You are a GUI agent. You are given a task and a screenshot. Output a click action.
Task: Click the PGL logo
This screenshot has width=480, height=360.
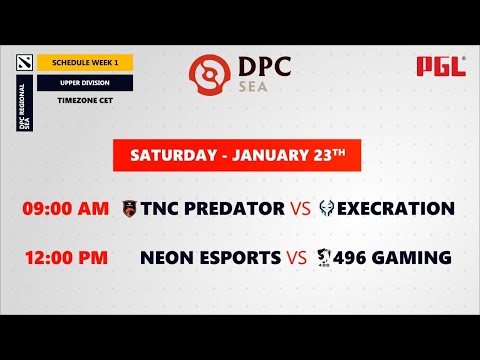pyautogui.click(x=441, y=67)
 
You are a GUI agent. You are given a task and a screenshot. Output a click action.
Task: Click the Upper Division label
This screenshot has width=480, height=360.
pyautogui.click(x=85, y=82)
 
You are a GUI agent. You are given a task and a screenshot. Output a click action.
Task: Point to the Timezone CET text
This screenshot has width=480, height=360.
pyautogui.click(x=85, y=101)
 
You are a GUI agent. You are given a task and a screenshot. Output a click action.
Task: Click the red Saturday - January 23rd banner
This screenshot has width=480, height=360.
pyautogui.click(x=239, y=155)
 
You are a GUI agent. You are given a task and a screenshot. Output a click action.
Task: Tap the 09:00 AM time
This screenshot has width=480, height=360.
pyautogui.click(x=65, y=209)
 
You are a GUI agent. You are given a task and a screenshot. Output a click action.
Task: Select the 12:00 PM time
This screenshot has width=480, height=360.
pyautogui.click(x=65, y=258)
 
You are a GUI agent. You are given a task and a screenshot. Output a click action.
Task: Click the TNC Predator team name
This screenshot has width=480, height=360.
pyautogui.click(x=213, y=209)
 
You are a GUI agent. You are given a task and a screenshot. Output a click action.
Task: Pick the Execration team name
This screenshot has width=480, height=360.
pyautogui.click(x=396, y=209)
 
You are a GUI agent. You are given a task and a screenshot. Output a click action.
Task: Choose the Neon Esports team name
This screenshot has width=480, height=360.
pyautogui.click(x=210, y=258)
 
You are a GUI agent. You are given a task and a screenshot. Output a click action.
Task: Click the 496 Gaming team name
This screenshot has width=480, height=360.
pyautogui.click(x=393, y=258)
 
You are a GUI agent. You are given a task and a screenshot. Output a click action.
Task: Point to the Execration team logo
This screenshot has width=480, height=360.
pyautogui.click(x=327, y=209)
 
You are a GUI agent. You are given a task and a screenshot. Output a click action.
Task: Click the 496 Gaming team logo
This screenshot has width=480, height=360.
pyautogui.click(x=325, y=258)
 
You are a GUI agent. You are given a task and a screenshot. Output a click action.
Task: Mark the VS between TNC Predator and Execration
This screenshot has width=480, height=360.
pyautogui.click(x=301, y=209)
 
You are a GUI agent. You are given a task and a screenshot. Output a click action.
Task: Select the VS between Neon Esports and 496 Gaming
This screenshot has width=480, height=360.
pyautogui.click(x=297, y=258)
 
